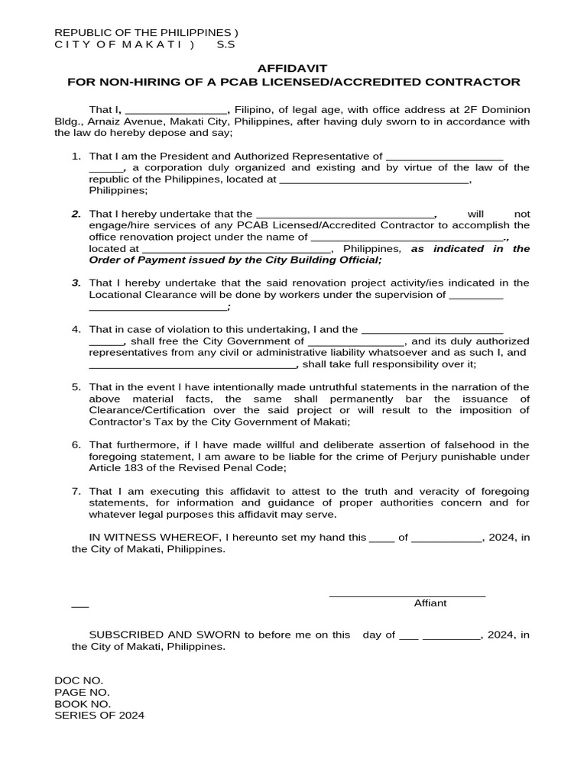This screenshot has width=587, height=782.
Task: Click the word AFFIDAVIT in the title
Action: (293, 68)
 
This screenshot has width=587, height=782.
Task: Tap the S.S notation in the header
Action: (225, 45)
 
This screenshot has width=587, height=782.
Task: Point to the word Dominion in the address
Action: (505, 110)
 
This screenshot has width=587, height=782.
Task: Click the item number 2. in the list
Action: (76, 215)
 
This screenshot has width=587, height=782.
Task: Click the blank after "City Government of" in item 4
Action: (355, 341)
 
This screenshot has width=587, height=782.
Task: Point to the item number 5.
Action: (76, 387)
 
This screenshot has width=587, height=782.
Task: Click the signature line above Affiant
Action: (407, 595)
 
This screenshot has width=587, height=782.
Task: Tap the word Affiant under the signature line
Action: (430, 603)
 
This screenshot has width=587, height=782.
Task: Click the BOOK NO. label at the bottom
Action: (83, 703)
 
